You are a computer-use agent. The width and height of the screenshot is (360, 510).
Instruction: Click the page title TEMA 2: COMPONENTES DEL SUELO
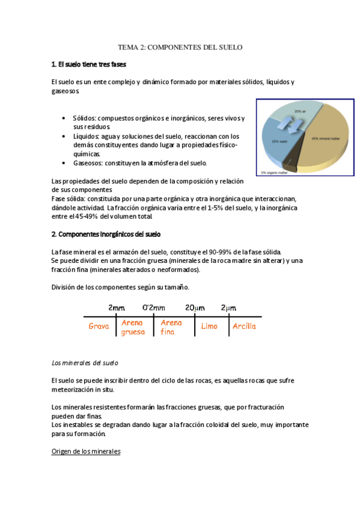click(x=180, y=47)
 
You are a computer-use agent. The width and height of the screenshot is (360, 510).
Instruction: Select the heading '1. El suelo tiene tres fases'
click(x=89, y=64)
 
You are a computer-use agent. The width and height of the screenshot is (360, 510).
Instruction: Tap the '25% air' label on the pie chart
click(x=300, y=112)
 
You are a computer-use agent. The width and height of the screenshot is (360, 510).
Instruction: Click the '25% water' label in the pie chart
click(x=279, y=141)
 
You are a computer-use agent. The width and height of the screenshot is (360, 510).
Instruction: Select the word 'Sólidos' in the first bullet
click(x=84, y=118)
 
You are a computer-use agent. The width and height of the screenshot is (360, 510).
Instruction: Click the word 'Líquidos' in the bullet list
click(x=85, y=136)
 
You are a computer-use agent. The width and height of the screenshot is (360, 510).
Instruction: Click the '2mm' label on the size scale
click(x=117, y=307)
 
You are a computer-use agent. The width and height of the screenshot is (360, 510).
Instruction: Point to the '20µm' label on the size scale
click(x=195, y=307)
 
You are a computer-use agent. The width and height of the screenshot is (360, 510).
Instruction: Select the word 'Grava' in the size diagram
click(x=98, y=327)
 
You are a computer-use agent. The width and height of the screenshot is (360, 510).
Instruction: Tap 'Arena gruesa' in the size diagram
click(x=132, y=327)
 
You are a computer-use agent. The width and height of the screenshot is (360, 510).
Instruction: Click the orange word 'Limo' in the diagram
click(x=209, y=327)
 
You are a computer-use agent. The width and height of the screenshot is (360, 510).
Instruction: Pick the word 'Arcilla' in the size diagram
click(x=244, y=327)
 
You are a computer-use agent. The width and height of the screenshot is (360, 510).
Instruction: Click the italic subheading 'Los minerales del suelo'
click(x=85, y=363)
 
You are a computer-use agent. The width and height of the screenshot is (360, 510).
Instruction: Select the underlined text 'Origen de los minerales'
click(x=86, y=451)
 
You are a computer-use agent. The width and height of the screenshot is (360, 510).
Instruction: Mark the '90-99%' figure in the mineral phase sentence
click(x=233, y=251)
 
